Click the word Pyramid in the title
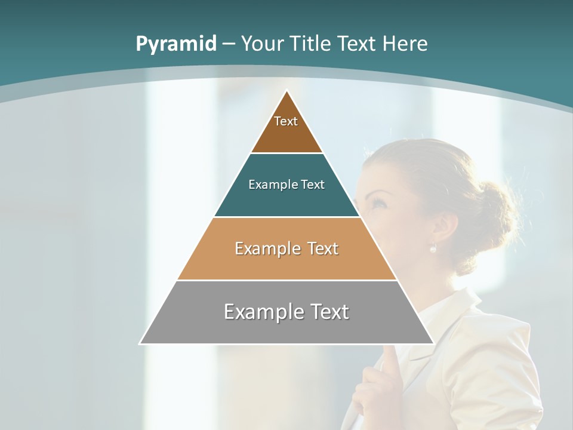[175, 44]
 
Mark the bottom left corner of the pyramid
[141, 343]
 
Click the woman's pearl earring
[433, 248]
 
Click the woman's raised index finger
[389, 358]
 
